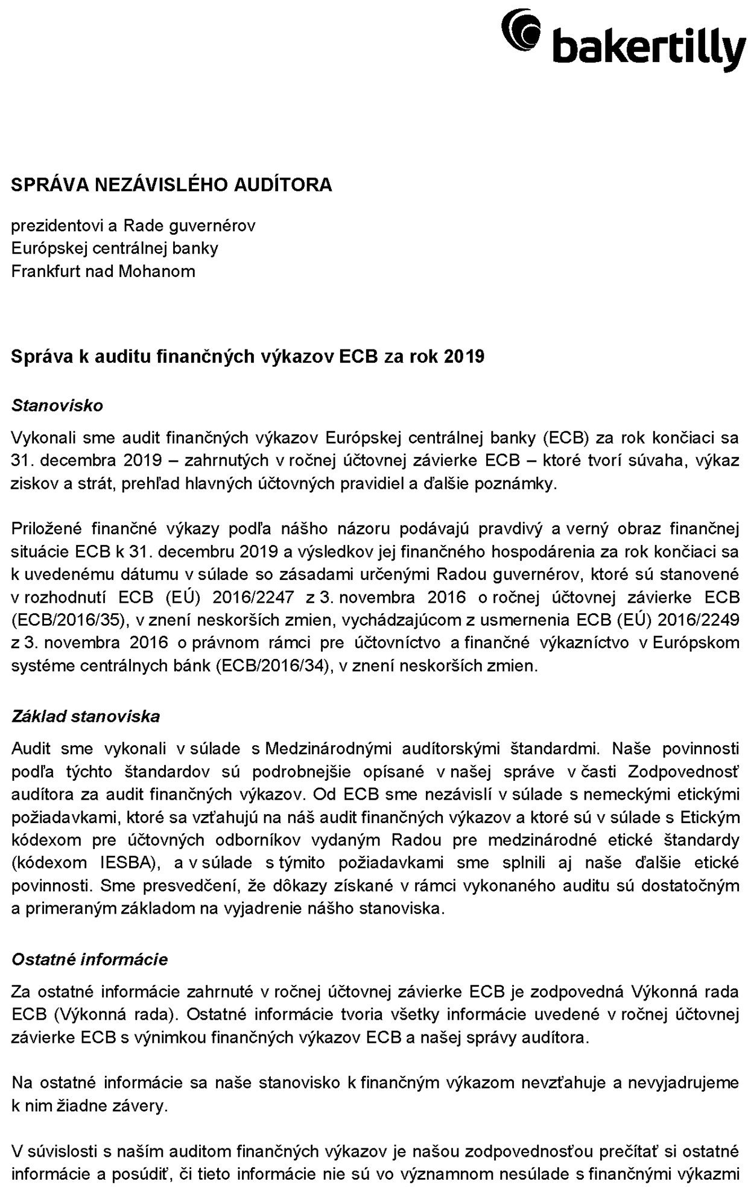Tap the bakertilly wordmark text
coord(648,48)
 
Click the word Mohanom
coord(157,271)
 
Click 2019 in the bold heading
coord(464,357)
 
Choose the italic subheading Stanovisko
coord(57,406)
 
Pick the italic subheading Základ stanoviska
coord(86,716)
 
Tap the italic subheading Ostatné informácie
coord(89,959)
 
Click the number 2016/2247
coord(253,597)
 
